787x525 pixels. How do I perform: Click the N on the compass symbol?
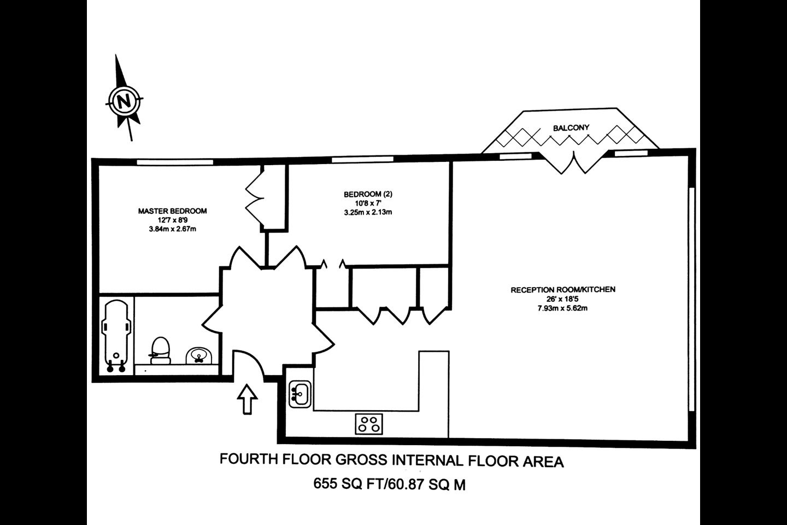point(124,101)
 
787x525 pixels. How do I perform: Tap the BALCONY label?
point(571,128)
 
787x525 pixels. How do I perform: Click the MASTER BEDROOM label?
point(172,211)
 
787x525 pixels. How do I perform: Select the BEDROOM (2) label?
point(368,194)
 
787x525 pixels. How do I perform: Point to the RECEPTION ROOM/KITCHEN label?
point(563,290)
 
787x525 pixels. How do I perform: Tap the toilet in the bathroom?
point(160,351)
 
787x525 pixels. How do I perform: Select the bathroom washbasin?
point(199,355)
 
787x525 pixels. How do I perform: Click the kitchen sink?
point(299,394)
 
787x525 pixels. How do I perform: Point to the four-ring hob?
point(369,424)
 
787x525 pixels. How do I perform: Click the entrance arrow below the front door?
point(248,399)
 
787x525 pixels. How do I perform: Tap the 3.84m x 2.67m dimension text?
point(172,229)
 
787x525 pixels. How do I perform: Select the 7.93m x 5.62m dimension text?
point(563,308)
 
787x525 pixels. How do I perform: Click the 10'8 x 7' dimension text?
point(368,203)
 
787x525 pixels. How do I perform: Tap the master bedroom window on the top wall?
point(175,162)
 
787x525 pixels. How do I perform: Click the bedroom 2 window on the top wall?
point(362,160)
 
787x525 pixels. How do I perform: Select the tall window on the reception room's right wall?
point(691,299)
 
